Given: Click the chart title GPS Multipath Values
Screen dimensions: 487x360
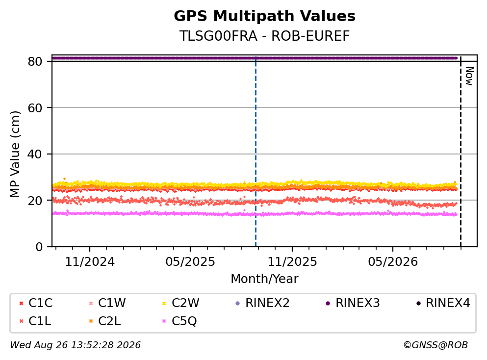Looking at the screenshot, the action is tap(264, 16).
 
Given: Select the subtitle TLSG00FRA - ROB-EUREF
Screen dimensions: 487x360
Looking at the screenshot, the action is tap(264, 36).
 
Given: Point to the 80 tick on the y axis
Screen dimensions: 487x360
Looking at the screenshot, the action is tap(35, 61).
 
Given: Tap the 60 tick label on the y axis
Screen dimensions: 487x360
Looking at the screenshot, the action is tap(35, 108).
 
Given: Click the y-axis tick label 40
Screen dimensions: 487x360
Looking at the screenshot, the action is tap(35, 154).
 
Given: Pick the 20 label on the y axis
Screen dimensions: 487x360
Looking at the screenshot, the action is tap(35, 200).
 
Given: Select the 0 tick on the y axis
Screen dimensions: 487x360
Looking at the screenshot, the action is tap(39, 247).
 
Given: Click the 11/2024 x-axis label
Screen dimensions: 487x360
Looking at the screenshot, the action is tap(90, 262).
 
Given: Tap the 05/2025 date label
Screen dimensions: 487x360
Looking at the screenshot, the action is tap(190, 262).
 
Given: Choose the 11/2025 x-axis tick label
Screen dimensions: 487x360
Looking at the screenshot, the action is tap(292, 262).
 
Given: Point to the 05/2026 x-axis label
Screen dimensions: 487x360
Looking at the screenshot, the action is tap(393, 262).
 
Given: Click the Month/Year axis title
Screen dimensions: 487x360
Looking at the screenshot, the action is tap(264, 279).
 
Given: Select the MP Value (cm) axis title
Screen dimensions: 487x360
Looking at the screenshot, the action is tap(15, 154).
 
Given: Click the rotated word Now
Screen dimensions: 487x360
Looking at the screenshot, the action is tap(469, 76).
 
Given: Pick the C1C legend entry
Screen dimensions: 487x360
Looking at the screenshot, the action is tap(36, 303).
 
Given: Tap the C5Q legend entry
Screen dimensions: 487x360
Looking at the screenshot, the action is tap(180, 321).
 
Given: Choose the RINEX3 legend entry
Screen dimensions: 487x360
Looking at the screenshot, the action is tap(353, 303).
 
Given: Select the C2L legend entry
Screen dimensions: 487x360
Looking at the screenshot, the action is tap(105, 321).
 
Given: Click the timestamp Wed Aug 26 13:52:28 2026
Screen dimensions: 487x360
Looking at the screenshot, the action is tap(76, 345).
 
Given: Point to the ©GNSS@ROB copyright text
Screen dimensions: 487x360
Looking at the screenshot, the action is tap(436, 345).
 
